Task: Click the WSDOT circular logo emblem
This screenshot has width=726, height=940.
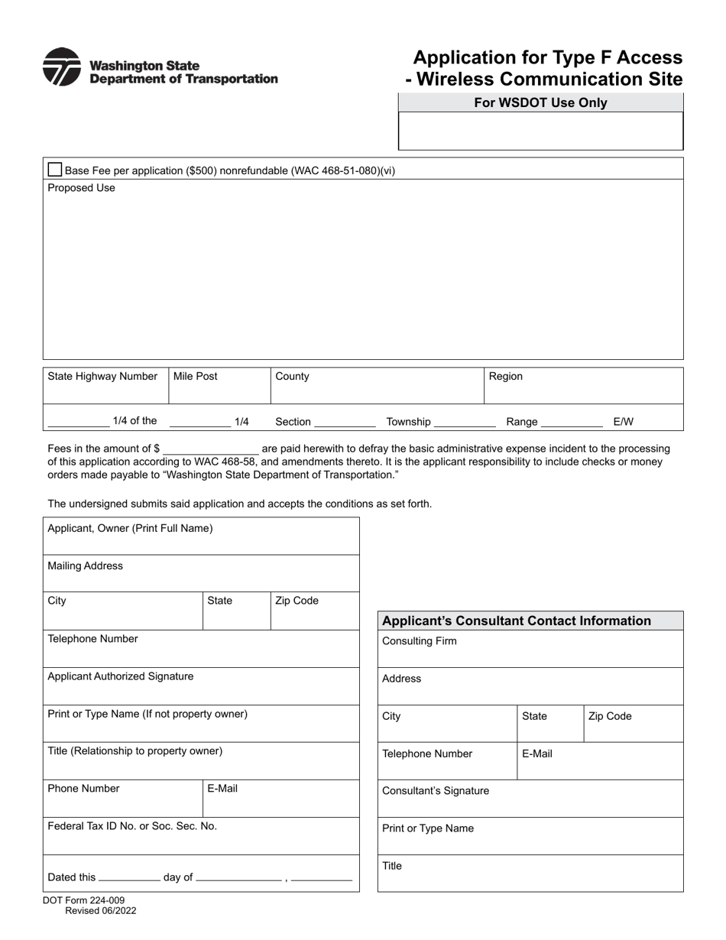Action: pyautogui.click(x=61, y=67)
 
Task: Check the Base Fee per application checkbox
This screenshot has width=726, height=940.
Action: pyautogui.click(x=55, y=170)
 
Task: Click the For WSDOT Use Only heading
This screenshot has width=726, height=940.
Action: pyautogui.click(x=540, y=102)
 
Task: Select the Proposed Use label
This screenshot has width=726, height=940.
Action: pyautogui.click(x=82, y=188)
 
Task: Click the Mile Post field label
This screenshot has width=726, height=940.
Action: pyautogui.click(x=196, y=376)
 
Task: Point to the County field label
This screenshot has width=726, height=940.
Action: pyautogui.click(x=292, y=376)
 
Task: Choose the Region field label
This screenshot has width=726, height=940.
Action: pyautogui.click(x=506, y=376)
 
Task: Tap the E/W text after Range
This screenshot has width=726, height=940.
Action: pyautogui.click(x=623, y=421)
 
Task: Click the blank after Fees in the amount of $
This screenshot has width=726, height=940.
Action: pyautogui.click(x=211, y=449)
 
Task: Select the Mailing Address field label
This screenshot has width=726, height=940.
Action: pyautogui.click(x=85, y=566)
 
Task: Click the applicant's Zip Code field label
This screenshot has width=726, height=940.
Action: pyautogui.click(x=297, y=601)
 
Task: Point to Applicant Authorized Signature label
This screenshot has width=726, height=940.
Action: pyautogui.click(x=121, y=676)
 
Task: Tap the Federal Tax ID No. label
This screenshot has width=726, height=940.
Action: pyautogui.click(x=132, y=826)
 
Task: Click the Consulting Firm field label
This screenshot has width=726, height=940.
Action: pyautogui.click(x=420, y=641)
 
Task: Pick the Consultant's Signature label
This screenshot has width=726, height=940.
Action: pyautogui.click(x=436, y=791)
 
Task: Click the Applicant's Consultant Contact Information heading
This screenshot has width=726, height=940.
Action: pyautogui.click(x=517, y=621)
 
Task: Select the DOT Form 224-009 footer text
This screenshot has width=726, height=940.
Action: pyautogui.click(x=84, y=900)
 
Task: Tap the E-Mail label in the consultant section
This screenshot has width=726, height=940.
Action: pyautogui.click(x=537, y=754)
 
